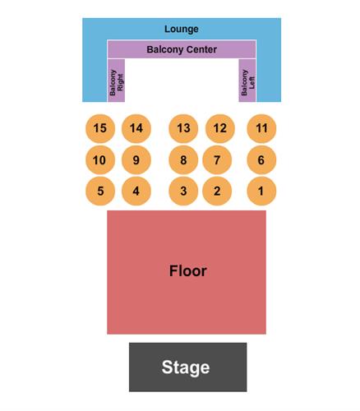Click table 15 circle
(x=100, y=128)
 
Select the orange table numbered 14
(x=136, y=128)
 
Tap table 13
(x=183, y=128)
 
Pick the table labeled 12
(x=219, y=128)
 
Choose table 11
(x=261, y=128)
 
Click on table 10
(x=100, y=160)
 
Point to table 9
(x=136, y=160)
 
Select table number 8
(x=183, y=160)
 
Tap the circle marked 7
(x=217, y=160)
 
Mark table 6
(x=261, y=160)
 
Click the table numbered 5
(x=100, y=191)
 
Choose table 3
(x=183, y=191)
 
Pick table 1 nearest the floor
(x=261, y=191)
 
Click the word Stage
(x=186, y=367)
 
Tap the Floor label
(x=188, y=270)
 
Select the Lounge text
(x=182, y=29)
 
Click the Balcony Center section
(x=182, y=49)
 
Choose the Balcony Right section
(x=116, y=81)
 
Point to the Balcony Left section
(x=247, y=81)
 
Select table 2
(x=217, y=191)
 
